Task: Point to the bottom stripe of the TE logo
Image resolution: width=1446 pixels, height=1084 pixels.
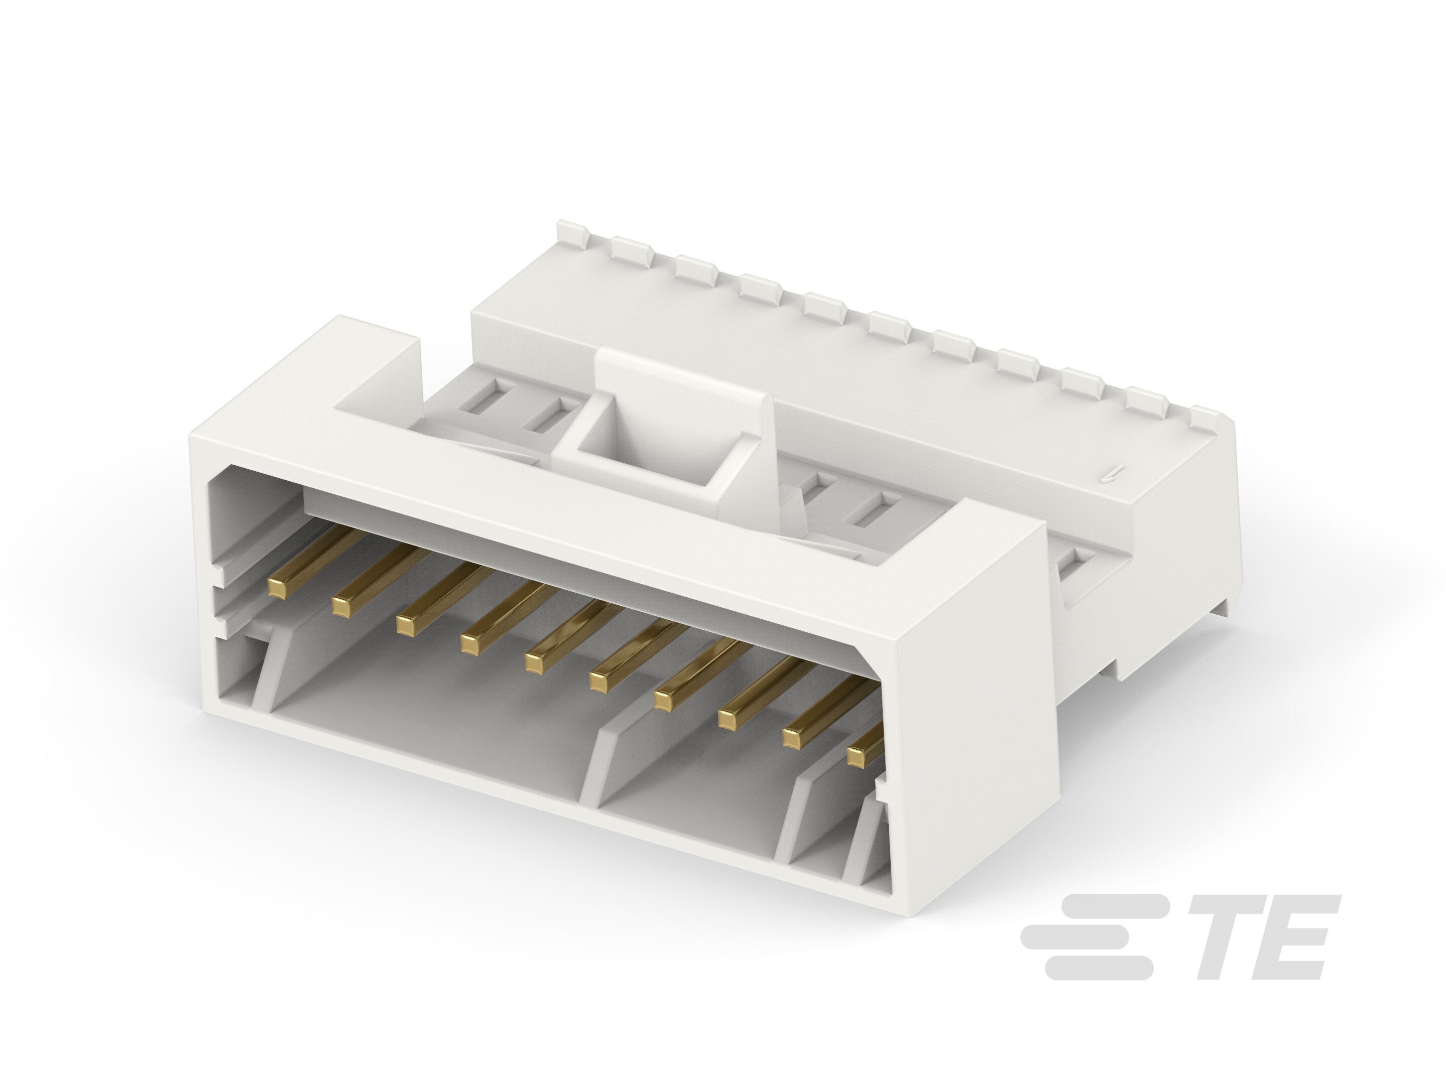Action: (1098, 969)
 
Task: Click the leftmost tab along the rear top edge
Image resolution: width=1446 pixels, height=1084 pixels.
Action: (571, 234)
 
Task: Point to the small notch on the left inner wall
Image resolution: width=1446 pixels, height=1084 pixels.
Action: (220, 578)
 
